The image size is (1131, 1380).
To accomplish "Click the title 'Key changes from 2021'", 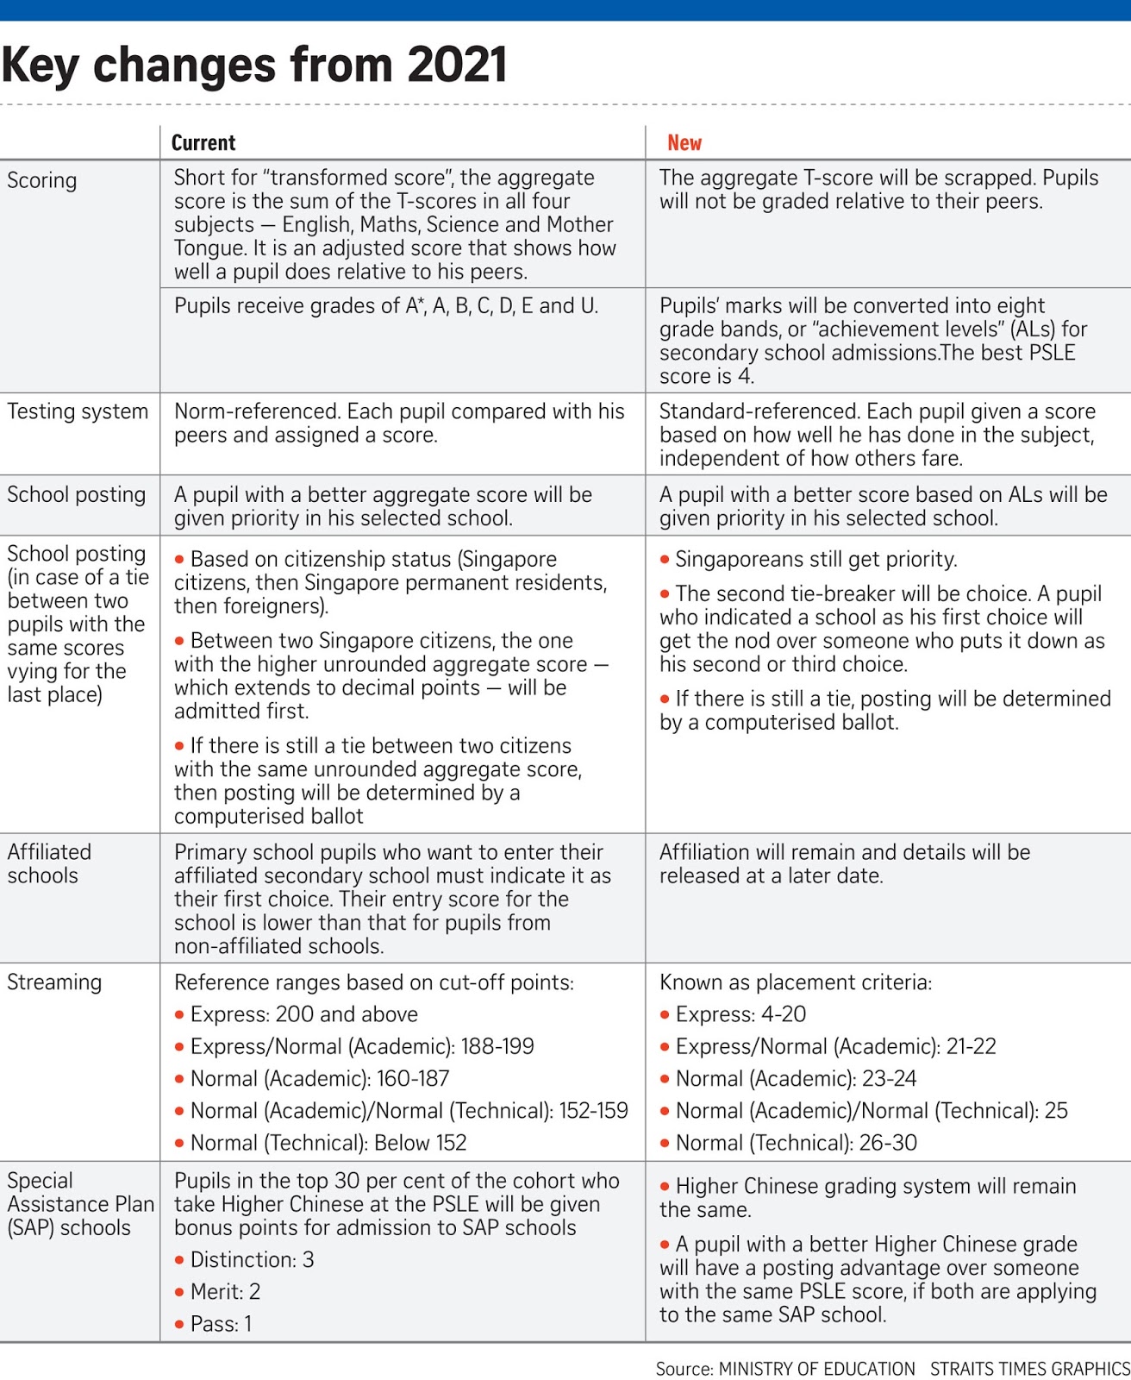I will [x=254, y=66].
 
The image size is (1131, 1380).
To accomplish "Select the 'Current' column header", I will [x=203, y=142].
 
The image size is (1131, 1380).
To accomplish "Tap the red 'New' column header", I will [x=684, y=142].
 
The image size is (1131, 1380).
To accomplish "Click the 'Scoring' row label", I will [x=41, y=180].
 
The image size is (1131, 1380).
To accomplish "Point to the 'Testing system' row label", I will [x=78, y=411].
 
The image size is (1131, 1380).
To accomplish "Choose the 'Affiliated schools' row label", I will [x=49, y=863].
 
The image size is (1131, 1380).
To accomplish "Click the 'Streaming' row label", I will [x=54, y=982].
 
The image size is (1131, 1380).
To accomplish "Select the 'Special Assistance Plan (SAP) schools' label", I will [x=79, y=1204].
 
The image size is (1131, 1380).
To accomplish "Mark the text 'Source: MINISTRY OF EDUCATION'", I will [x=784, y=1369].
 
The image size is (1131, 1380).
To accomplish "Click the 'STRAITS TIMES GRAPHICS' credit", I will [x=1029, y=1369].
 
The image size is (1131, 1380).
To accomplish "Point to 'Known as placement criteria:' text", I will [x=795, y=982].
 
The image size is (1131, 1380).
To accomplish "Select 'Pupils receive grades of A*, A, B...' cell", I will [x=385, y=306].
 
